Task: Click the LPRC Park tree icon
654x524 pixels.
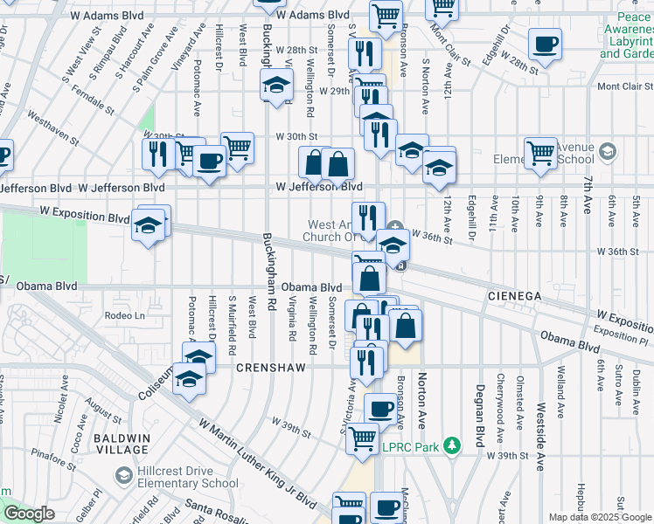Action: (x=451, y=446)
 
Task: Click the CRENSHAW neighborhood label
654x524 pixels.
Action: (x=270, y=369)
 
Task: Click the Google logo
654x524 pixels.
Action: (x=30, y=514)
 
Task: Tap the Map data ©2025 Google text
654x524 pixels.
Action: (x=600, y=517)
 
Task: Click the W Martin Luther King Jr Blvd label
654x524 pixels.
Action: (x=257, y=465)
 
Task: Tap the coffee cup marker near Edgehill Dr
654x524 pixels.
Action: (x=545, y=45)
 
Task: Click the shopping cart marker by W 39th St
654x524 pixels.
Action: (x=362, y=438)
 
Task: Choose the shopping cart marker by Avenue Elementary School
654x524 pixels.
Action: (x=541, y=153)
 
